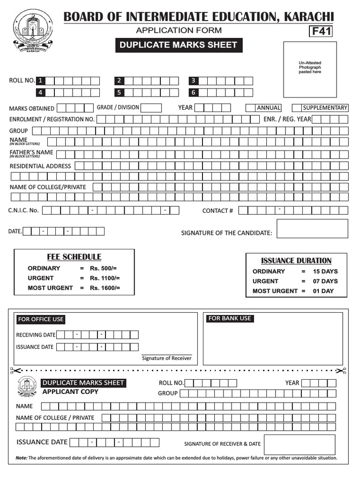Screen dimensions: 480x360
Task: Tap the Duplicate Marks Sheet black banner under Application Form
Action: point(179,45)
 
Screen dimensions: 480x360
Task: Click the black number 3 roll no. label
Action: point(193,81)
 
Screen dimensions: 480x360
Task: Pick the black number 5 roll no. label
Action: point(120,93)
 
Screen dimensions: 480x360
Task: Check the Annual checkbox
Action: point(251,108)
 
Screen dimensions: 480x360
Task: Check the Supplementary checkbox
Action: point(297,108)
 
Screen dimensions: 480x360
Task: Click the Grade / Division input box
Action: point(151,108)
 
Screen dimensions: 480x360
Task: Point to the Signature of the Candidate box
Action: point(312,229)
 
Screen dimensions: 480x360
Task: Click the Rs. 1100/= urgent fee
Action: point(105,278)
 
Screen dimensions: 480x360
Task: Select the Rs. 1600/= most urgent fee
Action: point(105,288)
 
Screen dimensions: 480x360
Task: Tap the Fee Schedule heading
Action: point(74,257)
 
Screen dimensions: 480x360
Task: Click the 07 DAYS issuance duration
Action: point(325,281)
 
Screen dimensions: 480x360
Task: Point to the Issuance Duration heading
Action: point(296,261)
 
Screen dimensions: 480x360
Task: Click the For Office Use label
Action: point(41,319)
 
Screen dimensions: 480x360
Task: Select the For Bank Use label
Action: point(230,319)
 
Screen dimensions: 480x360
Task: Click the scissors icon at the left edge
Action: point(14,371)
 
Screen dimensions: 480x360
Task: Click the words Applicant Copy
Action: point(70,392)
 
